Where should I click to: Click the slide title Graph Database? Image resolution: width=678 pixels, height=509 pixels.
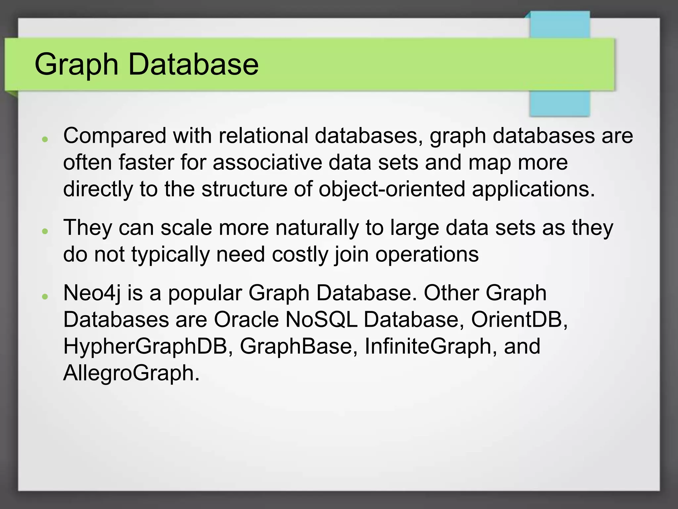[146, 64]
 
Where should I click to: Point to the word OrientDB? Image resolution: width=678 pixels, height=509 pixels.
[519, 320]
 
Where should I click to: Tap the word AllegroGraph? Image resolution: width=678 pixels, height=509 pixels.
[131, 373]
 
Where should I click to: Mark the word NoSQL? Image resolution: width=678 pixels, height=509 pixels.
[321, 320]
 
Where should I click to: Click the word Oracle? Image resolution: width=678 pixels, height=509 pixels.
[246, 320]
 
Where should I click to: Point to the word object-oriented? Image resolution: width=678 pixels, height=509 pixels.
[392, 189]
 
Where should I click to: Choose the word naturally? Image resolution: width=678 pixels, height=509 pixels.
[317, 228]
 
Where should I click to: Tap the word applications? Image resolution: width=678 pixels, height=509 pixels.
[533, 189]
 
